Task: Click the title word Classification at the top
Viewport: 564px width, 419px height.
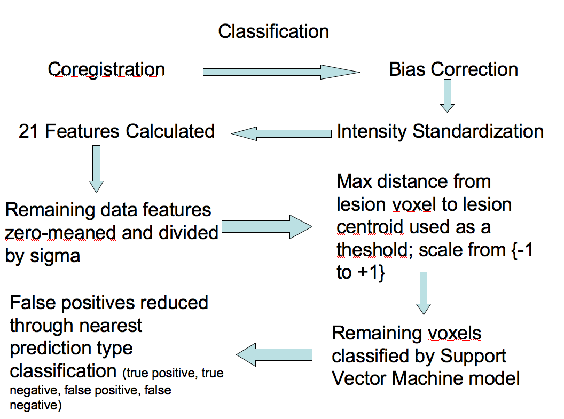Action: click(273, 31)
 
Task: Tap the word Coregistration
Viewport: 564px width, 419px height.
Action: click(106, 69)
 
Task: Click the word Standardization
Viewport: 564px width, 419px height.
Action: click(468, 131)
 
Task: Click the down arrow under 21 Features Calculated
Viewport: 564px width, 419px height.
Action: click(96, 168)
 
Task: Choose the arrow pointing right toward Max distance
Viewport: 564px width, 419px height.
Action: click(266, 227)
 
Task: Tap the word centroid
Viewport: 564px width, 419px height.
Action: click(370, 227)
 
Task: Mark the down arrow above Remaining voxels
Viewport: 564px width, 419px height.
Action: click(424, 292)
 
